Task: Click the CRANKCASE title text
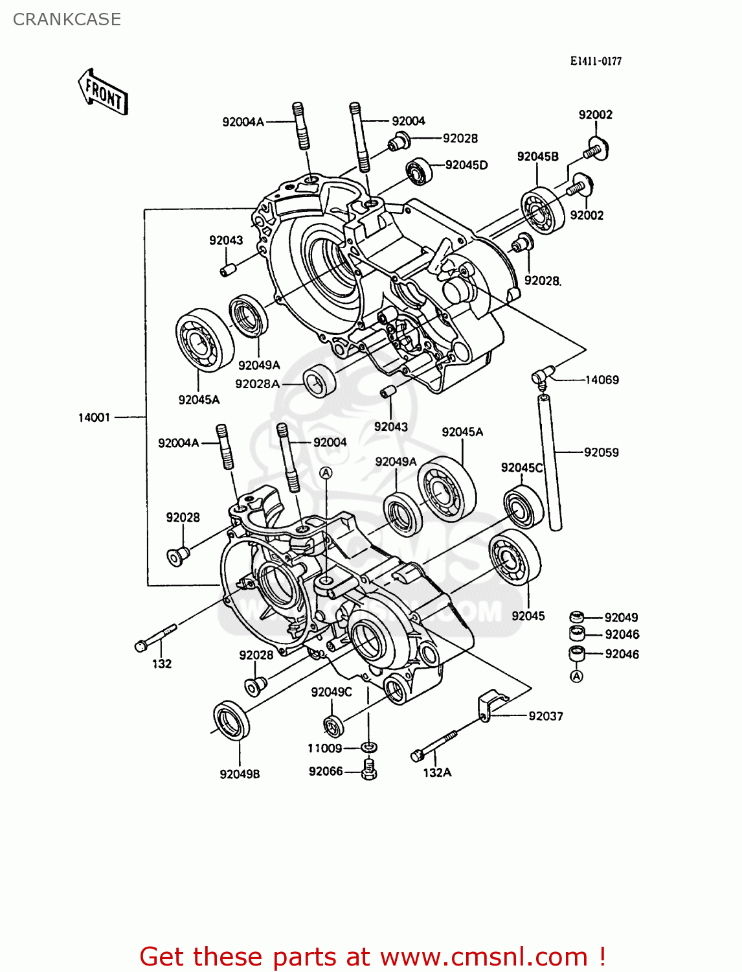[67, 19]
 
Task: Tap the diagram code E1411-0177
[596, 61]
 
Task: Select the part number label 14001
[95, 417]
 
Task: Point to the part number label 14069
[602, 380]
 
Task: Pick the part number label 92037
[545, 716]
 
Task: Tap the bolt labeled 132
[155, 638]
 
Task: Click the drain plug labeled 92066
[369, 770]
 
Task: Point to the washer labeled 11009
[369, 748]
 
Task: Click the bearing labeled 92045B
[543, 210]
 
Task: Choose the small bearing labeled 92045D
[419, 171]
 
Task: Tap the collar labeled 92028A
[320, 381]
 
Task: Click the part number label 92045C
[522, 467]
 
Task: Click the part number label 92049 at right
[621, 618]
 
